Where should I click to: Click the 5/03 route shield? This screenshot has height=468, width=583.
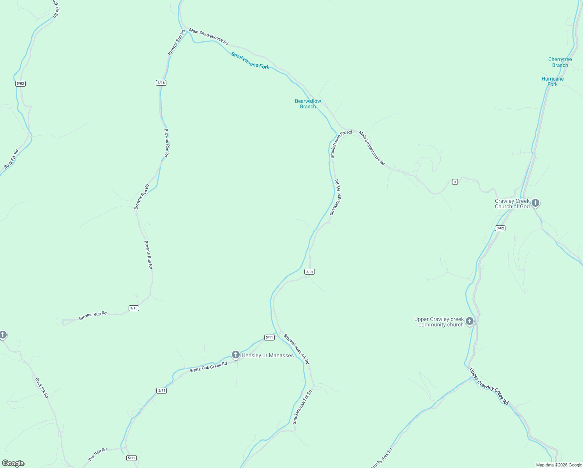tap(21, 83)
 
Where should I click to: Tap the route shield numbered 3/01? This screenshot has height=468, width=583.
tap(310, 271)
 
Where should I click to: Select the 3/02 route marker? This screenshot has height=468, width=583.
tap(500, 228)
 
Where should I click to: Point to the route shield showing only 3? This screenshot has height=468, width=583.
tap(455, 182)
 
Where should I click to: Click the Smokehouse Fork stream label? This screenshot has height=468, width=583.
tap(250, 61)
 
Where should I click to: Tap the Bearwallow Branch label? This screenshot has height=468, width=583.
tap(308, 104)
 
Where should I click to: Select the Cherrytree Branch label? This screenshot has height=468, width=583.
tap(560, 62)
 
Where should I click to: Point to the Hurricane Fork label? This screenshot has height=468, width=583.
tap(553, 82)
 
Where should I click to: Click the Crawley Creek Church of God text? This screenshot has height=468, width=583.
tap(512, 204)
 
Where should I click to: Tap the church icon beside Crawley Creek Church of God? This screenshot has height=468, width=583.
tap(536, 203)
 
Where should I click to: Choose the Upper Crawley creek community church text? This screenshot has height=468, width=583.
tap(439, 322)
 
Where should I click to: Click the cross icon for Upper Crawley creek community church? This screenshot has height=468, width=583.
tap(470, 321)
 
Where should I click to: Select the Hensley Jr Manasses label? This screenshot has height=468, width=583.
tap(268, 355)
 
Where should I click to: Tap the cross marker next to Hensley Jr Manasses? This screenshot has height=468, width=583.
tap(235, 355)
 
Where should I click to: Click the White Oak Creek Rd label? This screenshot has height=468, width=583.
tap(208, 367)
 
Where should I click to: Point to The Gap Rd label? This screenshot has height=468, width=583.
tap(97, 455)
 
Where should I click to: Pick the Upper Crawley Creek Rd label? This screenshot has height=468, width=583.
tap(489, 386)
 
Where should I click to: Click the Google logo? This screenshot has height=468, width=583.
tap(13, 463)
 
